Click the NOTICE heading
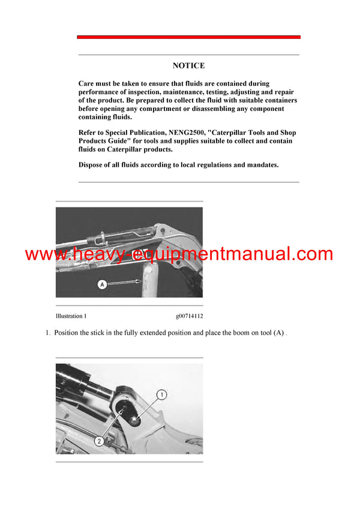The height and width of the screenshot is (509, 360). coord(188,66)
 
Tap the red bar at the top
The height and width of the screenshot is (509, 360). coord(188,37)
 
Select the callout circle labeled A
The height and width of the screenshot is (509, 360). coord(102,285)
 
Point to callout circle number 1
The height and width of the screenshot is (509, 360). coord(160,394)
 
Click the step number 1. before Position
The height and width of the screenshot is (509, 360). coord(48,333)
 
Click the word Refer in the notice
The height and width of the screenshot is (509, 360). coord(89,132)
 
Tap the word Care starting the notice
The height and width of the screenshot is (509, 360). coord(88,84)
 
